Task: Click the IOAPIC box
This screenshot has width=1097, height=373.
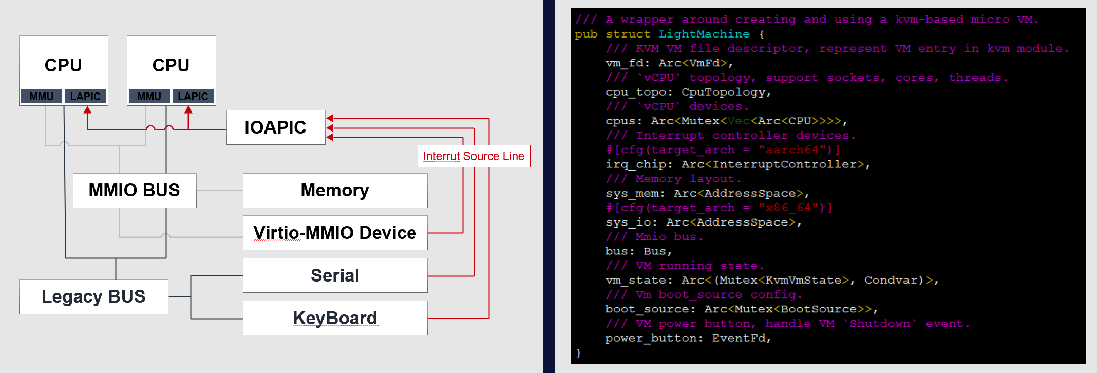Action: click(x=276, y=127)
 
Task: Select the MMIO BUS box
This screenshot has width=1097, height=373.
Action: click(x=135, y=191)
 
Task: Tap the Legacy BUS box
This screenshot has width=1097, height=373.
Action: click(x=93, y=297)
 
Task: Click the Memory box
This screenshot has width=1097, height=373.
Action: click(x=335, y=191)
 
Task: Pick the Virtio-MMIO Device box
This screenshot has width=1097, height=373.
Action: click(x=335, y=233)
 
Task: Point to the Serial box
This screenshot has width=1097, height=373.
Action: click(x=335, y=275)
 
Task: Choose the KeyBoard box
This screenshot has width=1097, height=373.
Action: click(x=335, y=318)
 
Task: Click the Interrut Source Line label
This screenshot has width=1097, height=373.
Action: click(x=474, y=156)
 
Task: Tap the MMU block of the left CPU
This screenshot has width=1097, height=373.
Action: click(x=42, y=97)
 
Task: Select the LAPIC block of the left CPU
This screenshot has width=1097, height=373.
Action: click(x=85, y=97)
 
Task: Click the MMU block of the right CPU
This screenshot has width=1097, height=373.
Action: click(x=149, y=97)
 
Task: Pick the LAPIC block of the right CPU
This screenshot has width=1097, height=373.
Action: click(x=193, y=97)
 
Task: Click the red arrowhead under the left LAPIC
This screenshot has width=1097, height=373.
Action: click(x=87, y=110)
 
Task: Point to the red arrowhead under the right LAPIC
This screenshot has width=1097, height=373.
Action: click(x=188, y=110)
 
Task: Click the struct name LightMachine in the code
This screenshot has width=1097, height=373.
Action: click(x=704, y=34)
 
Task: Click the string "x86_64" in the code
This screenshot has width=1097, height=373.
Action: click(x=788, y=208)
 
